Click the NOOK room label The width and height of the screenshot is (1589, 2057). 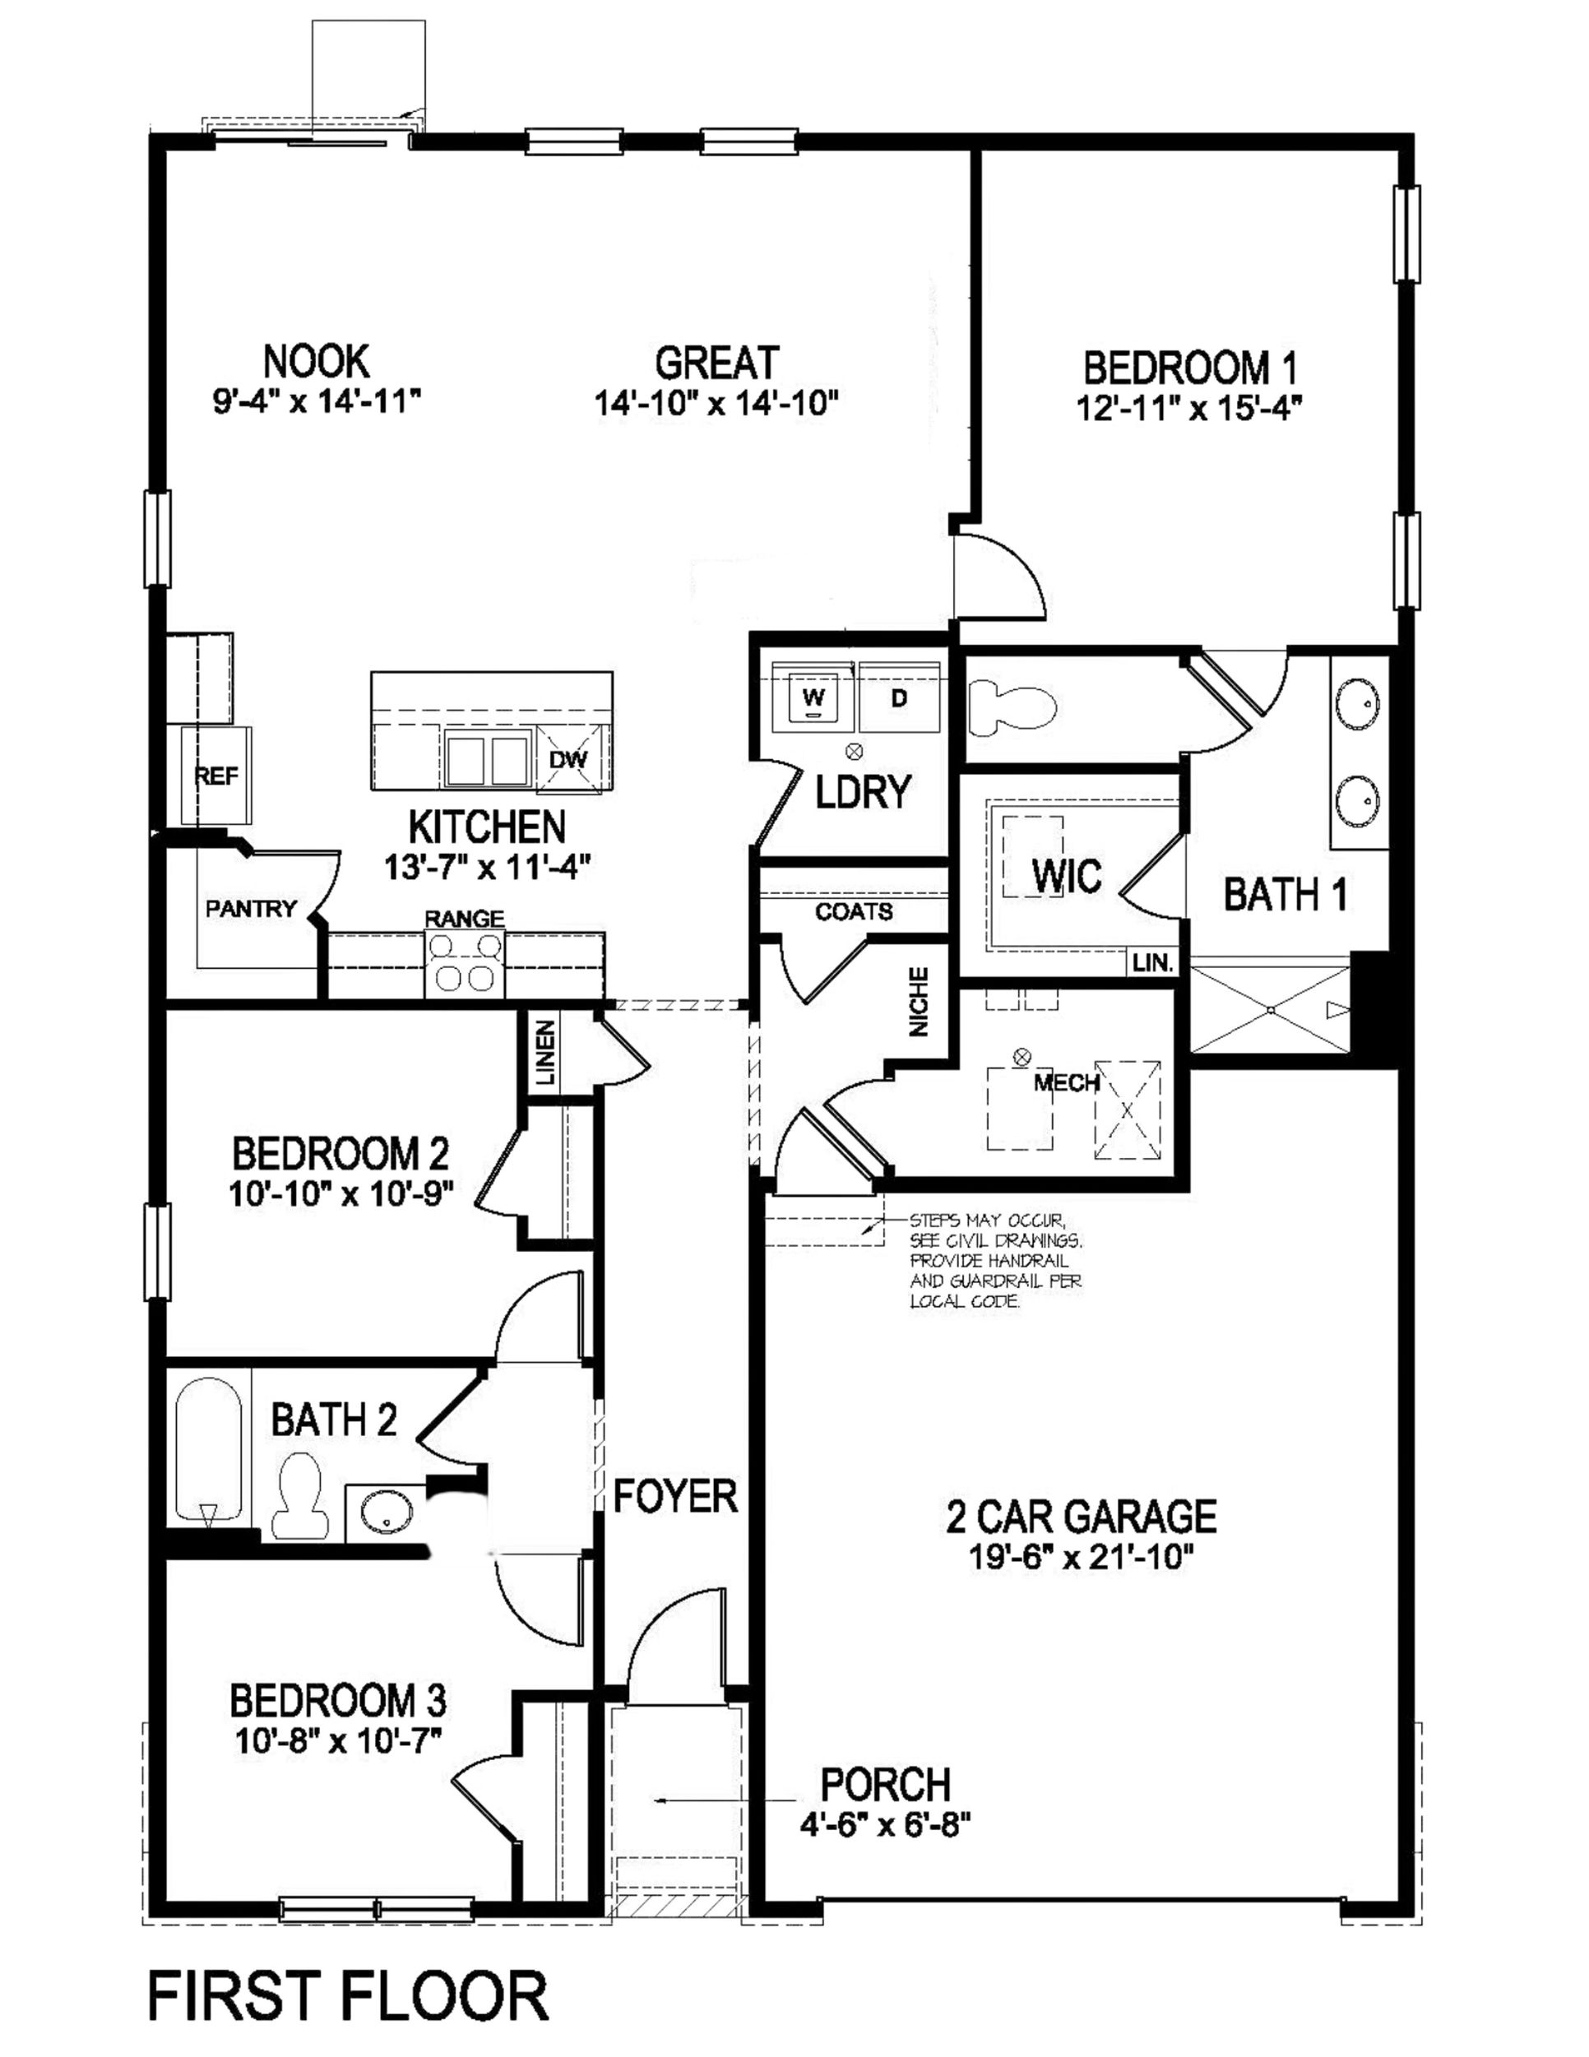[316, 361]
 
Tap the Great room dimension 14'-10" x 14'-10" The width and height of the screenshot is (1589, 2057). [716, 404]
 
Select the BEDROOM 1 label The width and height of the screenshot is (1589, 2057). [1191, 368]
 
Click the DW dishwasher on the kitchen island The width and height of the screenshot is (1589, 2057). [568, 758]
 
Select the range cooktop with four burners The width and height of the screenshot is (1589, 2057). [465, 963]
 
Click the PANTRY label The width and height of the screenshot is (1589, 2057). [251, 909]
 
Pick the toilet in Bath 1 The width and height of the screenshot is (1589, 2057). [1012, 707]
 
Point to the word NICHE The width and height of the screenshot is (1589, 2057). [920, 1002]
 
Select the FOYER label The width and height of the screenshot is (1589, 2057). [674, 1495]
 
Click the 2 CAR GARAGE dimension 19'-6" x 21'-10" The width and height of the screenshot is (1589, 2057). [1082, 1559]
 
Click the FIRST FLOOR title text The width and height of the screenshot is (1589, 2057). [349, 1997]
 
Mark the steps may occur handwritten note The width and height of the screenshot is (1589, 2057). [994, 1260]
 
